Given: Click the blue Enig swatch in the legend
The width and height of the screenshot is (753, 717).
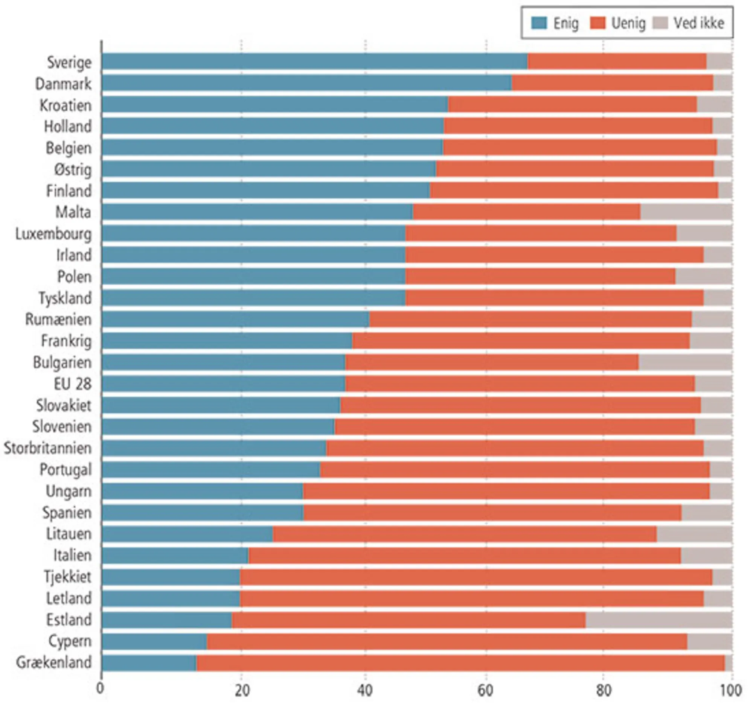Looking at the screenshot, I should tap(539, 23).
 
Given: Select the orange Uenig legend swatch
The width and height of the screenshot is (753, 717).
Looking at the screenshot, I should tap(598, 23).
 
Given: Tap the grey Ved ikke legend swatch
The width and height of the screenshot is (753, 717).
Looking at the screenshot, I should tap(660, 23).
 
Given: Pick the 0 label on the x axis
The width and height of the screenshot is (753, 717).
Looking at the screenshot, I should tap(100, 688).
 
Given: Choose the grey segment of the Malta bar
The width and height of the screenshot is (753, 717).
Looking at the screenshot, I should tap(686, 212).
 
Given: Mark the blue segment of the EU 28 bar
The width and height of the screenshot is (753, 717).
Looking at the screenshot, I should tap(224, 384).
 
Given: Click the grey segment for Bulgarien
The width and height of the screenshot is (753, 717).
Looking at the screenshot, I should tap(685, 362).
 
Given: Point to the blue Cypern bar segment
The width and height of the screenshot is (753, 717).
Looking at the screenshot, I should tap(154, 641).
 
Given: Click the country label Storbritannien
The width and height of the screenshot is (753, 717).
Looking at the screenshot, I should tap(48, 448).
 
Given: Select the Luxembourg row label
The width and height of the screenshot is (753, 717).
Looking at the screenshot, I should tap(53, 233).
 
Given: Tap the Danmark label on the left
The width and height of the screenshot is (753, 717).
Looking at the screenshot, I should tap(64, 84).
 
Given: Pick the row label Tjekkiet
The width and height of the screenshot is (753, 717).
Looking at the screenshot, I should tap(68, 577).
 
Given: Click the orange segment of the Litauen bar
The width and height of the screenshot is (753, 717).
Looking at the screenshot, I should tap(465, 534).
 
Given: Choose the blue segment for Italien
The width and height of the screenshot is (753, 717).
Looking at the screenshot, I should tap(175, 555).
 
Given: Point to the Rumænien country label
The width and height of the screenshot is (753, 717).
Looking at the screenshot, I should tap(58, 319).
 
